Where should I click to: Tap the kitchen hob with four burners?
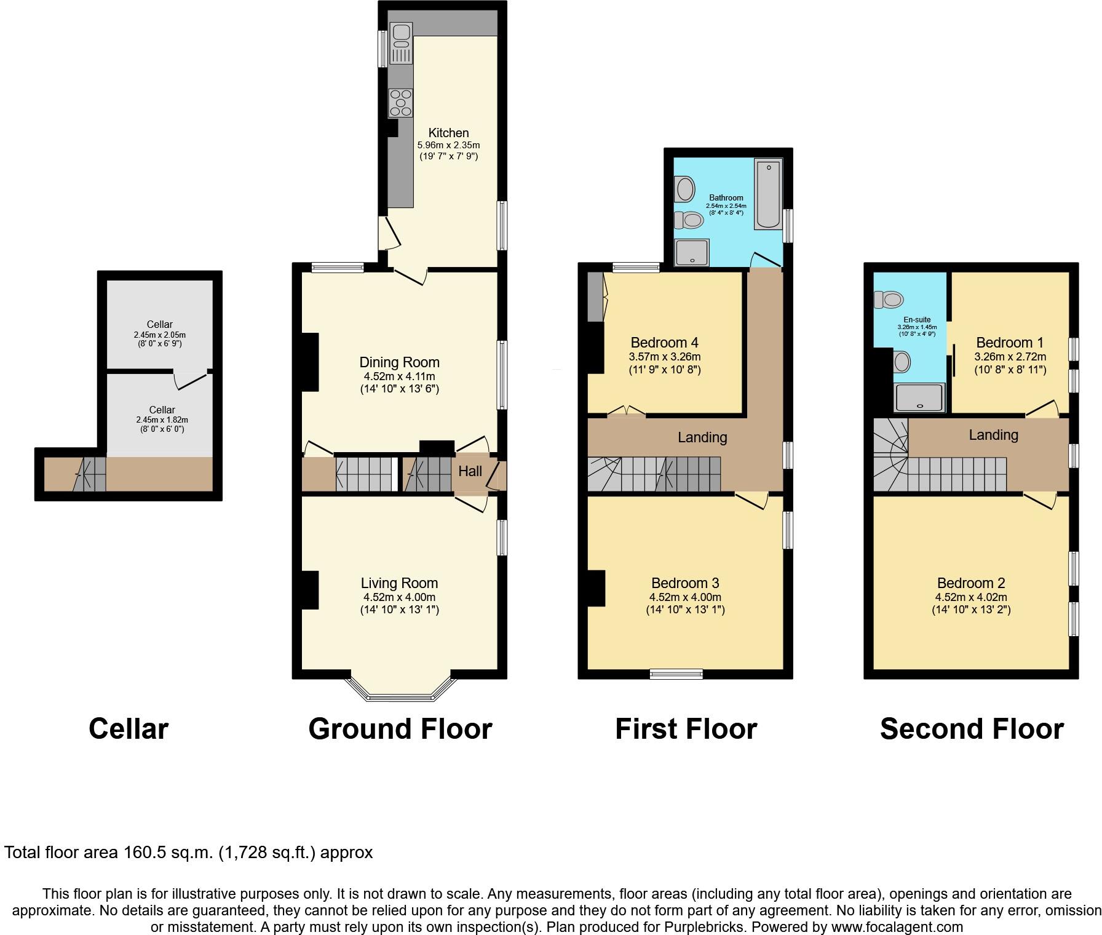400,103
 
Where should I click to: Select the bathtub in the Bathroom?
768,194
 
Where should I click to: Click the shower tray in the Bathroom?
692,252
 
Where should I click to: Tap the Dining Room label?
399,362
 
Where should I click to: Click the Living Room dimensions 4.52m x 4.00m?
399,597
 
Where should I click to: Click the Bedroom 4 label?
664,343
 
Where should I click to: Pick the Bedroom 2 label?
971,583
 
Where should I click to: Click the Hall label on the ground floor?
470,471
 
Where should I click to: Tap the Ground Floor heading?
400,729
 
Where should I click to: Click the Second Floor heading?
972,729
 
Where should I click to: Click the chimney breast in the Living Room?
309,590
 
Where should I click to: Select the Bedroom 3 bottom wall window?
676,674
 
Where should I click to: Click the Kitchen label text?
448,133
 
